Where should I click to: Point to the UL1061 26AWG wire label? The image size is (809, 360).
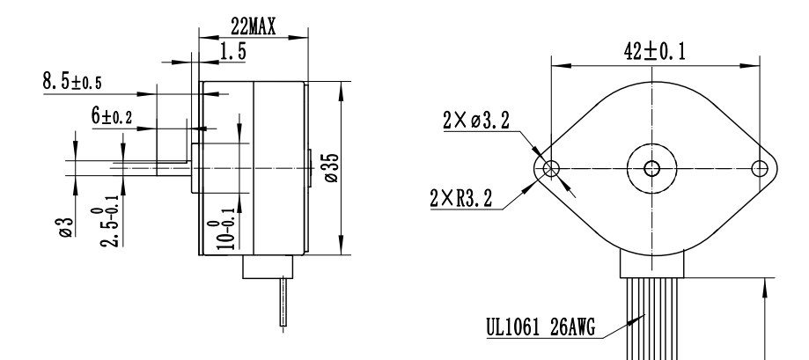click(x=541, y=330)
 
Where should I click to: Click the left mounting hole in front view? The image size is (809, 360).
click(x=552, y=168)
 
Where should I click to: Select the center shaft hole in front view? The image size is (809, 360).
click(x=652, y=168)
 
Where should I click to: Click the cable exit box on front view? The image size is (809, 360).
click(x=652, y=263)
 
